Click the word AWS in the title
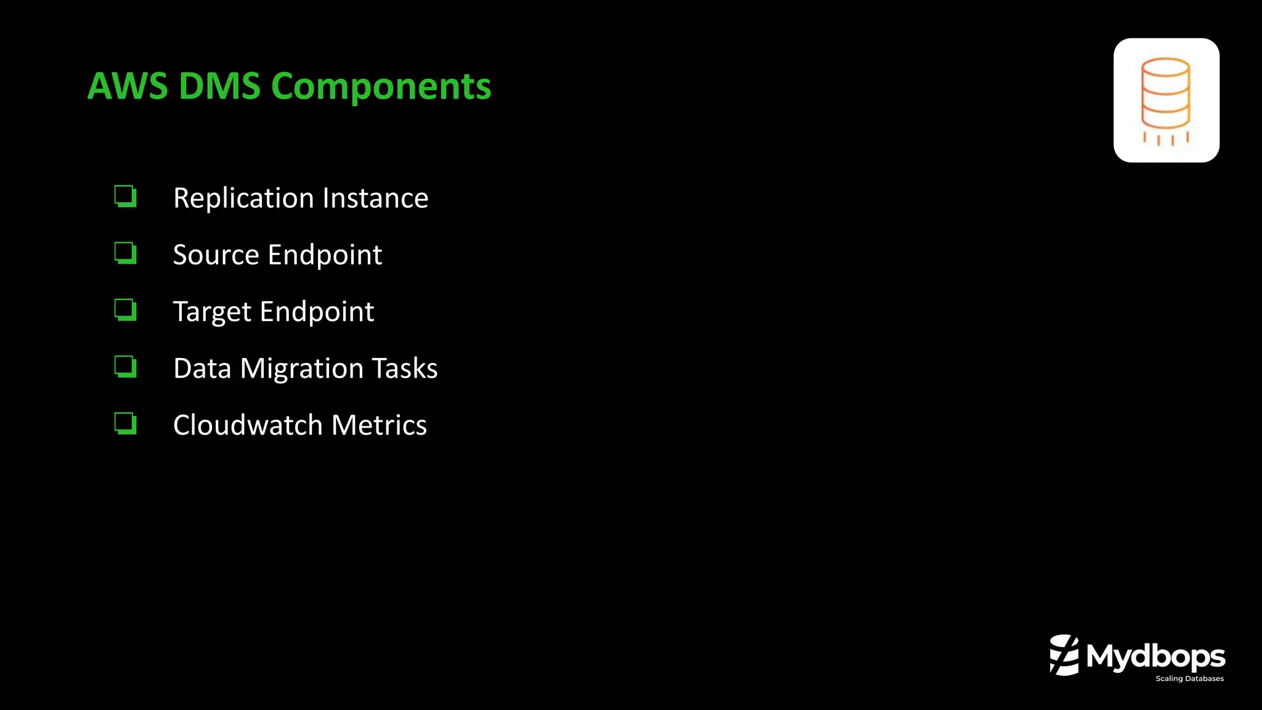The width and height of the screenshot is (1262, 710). pyautogui.click(x=127, y=86)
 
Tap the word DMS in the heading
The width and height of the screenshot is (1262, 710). pyautogui.click(x=219, y=86)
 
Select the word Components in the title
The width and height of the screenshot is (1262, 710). pyautogui.click(x=381, y=86)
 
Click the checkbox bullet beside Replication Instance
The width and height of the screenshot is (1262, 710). pyautogui.click(x=125, y=197)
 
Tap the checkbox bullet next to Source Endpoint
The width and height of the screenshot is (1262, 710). pyautogui.click(x=125, y=253)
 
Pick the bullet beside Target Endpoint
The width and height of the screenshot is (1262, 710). pyautogui.click(x=125, y=309)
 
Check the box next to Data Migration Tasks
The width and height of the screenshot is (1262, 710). pyautogui.click(x=125, y=367)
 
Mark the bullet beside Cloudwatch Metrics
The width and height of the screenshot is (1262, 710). pyautogui.click(x=125, y=423)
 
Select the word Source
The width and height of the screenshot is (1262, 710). pyautogui.click(x=216, y=255)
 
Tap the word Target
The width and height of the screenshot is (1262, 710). pyautogui.click(x=212, y=312)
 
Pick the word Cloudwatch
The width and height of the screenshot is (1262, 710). pyautogui.click(x=248, y=425)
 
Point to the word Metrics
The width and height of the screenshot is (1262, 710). pyautogui.click(x=379, y=425)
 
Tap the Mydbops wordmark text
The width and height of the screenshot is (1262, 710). pyautogui.click(x=1155, y=656)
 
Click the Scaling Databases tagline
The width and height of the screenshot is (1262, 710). pyautogui.click(x=1189, y=679)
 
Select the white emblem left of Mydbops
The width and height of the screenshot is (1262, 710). pyautogui.click(x=1064, y=655)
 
